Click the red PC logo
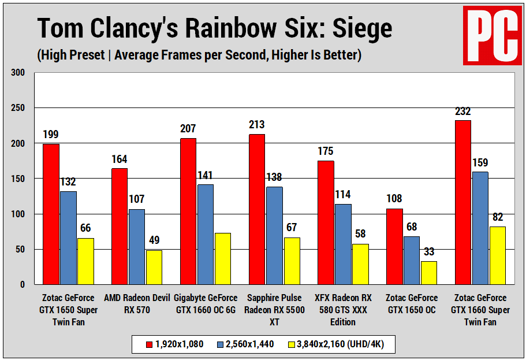click(x=492, y=35)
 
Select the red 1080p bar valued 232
click(x=463, y=202)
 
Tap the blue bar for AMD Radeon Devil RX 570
click(x=137, y=247)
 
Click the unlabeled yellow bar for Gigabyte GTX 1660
click(x=223, y=258)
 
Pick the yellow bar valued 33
click(x=429, y=273)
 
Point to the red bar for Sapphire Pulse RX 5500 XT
click(x=257, y=209)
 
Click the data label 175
click(x=326, y=151)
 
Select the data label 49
click(x=154, y=240)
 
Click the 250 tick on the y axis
click(x=18, y=108)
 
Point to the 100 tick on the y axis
click(x=18, y=214)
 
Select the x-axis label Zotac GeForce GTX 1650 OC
click(x=412, y=304)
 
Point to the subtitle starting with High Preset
click(x=199, y=55)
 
